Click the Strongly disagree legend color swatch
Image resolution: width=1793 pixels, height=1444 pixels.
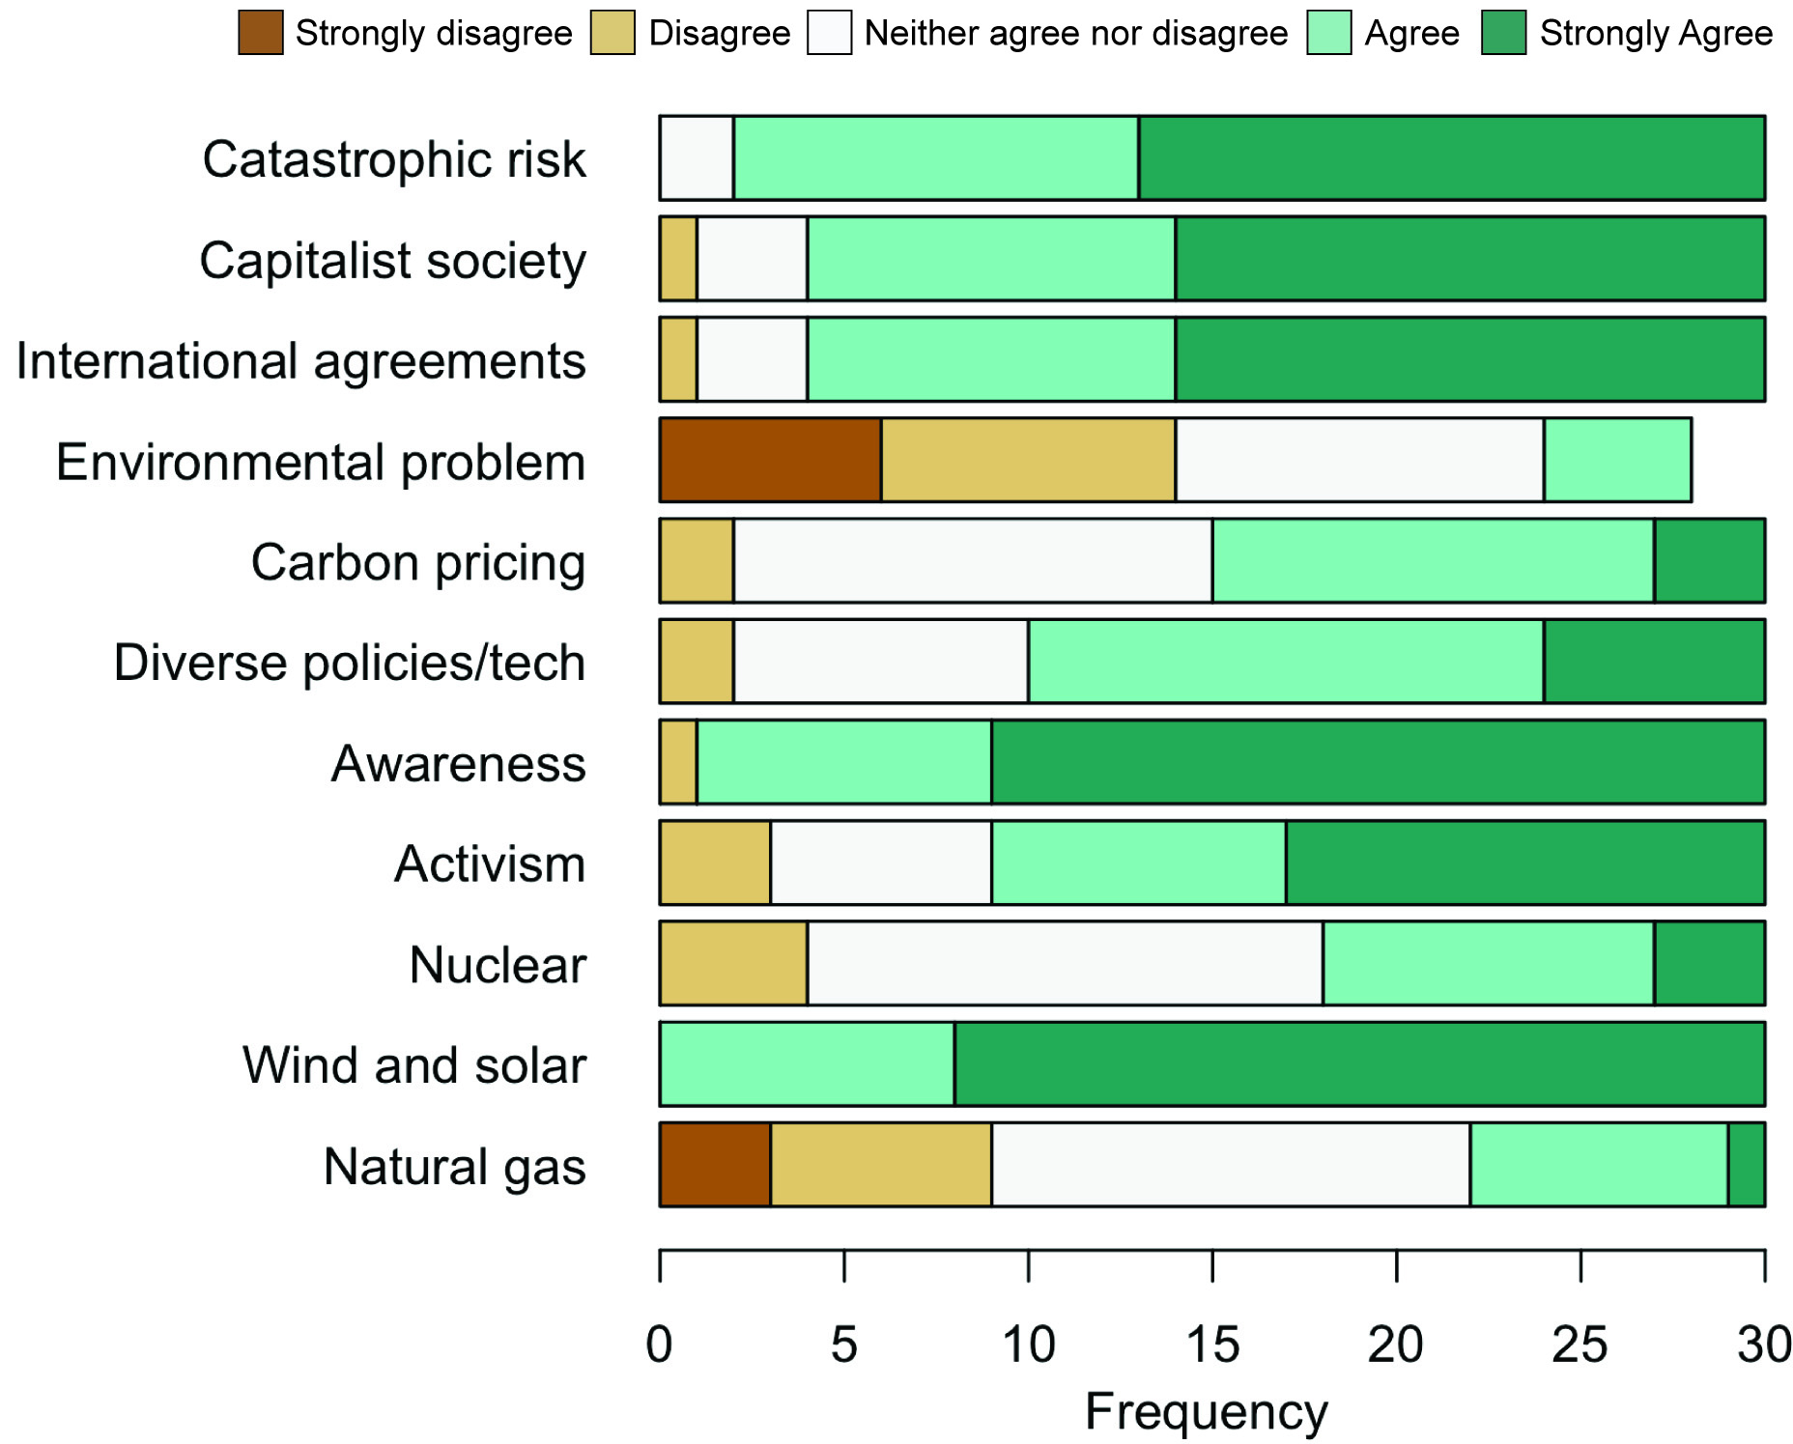pos(261,33)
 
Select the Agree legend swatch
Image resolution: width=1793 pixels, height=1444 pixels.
pos(1329,33)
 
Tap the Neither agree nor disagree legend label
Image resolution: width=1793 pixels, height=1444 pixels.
pos(1076,33)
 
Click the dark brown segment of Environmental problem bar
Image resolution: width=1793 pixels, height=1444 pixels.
pos(771,460)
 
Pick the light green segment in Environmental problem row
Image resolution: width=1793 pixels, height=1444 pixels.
pos(1617,460)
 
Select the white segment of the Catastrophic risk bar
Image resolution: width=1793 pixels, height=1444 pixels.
pos(697,158)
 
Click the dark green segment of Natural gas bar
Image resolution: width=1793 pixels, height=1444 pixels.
pos(1747,1164)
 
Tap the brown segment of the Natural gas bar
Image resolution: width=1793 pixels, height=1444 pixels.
pos(715,1164)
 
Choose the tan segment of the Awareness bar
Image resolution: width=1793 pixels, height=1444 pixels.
pos(678,762)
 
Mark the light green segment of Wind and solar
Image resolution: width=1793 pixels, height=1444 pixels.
pos(808,1063)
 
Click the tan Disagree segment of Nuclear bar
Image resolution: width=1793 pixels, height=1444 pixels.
pos(734,963)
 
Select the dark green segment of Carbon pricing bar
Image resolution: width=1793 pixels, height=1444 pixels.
pos(1710,560)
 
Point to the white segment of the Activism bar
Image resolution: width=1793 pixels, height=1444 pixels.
pos(881,863)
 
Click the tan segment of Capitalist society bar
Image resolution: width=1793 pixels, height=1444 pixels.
pos(678,259)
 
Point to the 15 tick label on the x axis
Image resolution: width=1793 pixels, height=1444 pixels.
pos(1212,1345)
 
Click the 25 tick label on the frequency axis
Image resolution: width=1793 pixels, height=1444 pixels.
pos(1580,1345)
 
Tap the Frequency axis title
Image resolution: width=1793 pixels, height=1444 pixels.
pos(1207,1412)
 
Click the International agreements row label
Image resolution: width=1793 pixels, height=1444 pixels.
pos(301,362)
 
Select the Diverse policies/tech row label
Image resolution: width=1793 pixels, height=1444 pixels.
pos(350,664)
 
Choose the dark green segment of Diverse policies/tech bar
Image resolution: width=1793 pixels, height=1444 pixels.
pos(1654,661)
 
